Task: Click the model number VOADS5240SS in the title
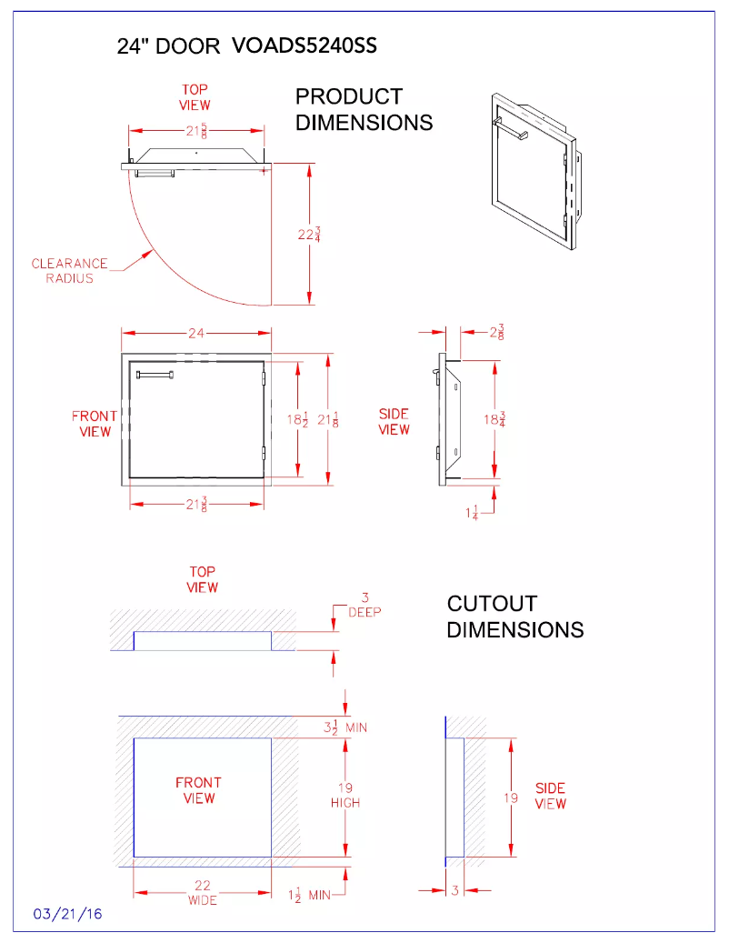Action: (x=305, y=46)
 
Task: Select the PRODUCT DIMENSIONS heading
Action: (x=364, y=109)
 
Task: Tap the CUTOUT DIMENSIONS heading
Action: (x=514, y=616)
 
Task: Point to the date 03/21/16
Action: (x=68, y=914)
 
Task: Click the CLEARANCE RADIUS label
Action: (x=70, y=271)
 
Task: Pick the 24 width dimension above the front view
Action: (x=196, y=334)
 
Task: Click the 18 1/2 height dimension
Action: (x=297, y=419)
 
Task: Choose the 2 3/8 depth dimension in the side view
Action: (x=497, y=334)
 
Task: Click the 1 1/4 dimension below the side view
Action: (x=473, y=514)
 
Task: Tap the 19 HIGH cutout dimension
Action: (x=345, y=795)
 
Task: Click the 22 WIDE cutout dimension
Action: (x=202, y=893)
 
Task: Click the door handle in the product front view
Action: (x=155, y=375)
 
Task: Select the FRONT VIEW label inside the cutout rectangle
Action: (x=198, y=790)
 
